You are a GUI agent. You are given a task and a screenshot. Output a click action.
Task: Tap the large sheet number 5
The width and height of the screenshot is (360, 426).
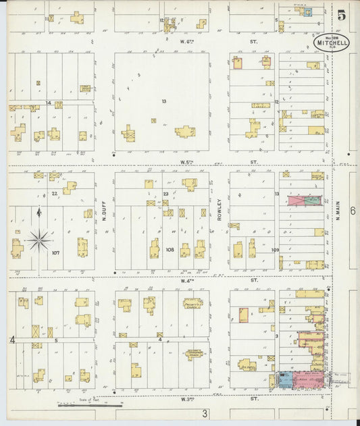coord(342,16)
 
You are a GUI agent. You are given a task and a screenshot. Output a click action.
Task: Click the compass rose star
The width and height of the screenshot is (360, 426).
coord(39,239)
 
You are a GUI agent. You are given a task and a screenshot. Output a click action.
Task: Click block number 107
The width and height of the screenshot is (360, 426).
coord(55,253)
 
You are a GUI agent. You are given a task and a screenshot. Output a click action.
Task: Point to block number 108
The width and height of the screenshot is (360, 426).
coord(169,250)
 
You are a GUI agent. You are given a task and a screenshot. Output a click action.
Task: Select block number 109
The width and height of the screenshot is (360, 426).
coord(275,250)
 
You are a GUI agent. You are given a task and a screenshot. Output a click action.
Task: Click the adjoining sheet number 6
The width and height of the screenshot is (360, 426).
coord(353,211)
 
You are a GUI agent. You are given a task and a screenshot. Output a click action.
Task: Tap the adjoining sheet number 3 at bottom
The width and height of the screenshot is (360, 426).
coord(204,412)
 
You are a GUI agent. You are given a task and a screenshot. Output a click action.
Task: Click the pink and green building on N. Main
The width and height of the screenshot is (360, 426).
coord(305,201)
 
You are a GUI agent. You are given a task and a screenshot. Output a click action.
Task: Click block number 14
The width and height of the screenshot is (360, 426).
coord(48,103)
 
